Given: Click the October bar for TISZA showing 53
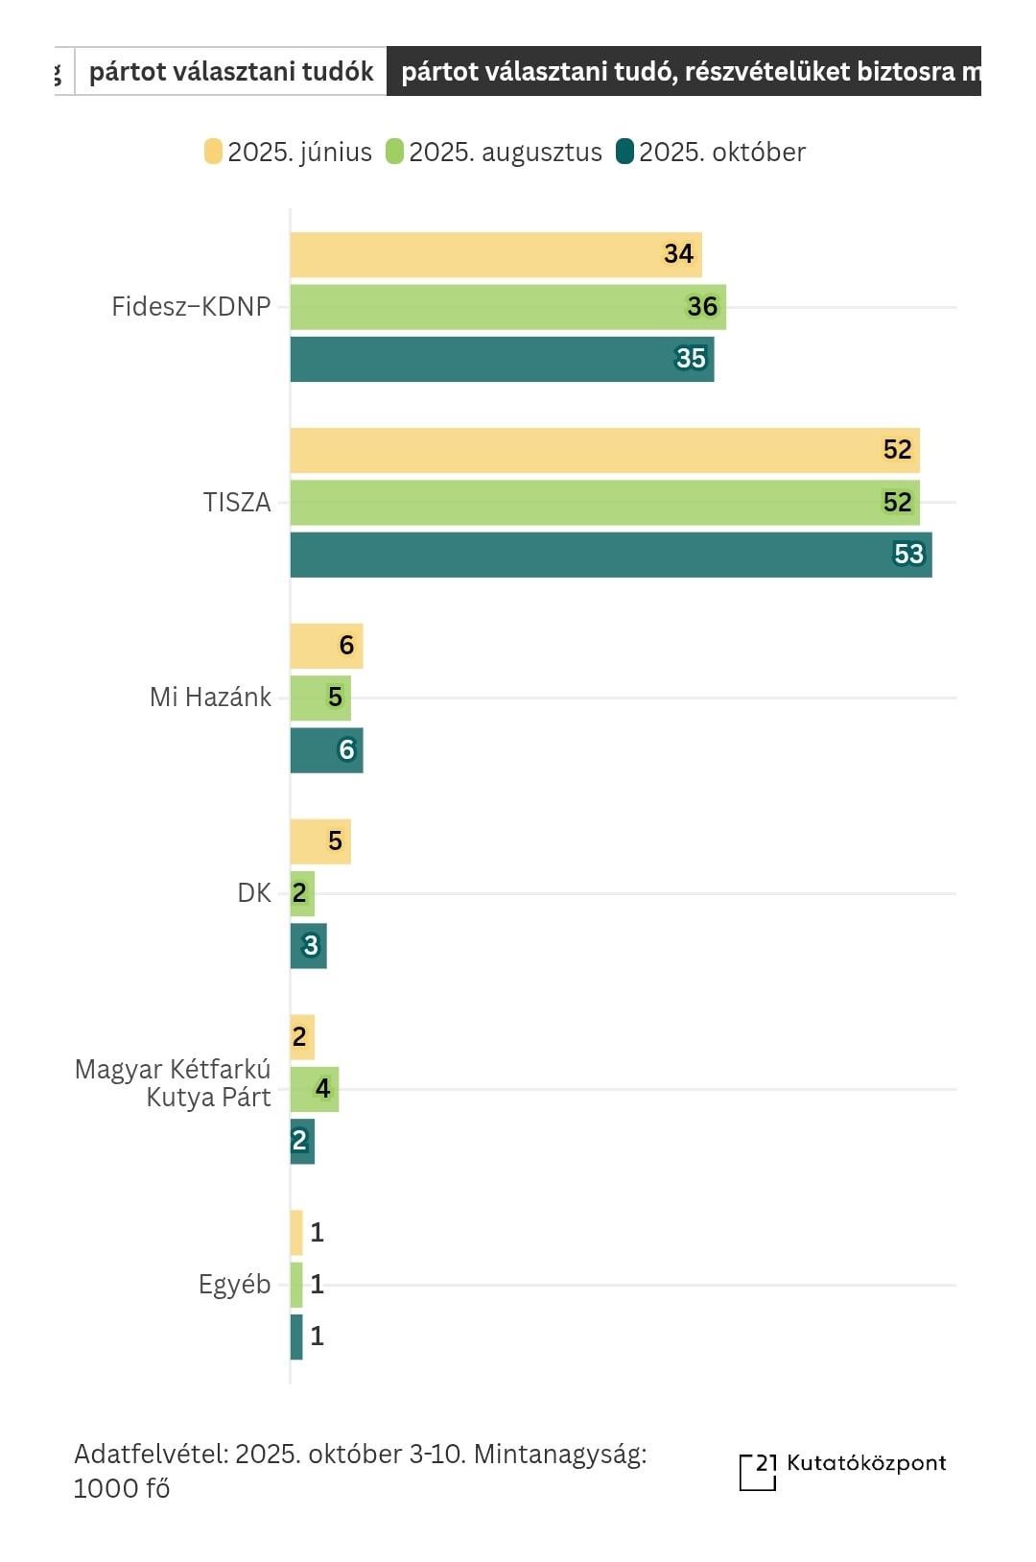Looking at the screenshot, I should (610, 555).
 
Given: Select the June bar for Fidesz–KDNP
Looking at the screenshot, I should (495, 254).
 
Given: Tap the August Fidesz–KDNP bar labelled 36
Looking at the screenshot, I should (507, 307).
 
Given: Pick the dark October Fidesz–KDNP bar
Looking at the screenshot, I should (502, 359).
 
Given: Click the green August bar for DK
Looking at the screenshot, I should (302, 893).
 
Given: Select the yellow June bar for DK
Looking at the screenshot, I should (320, 841).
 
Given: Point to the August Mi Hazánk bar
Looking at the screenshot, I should (320, 698).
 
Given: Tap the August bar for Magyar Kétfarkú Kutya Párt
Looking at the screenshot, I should (314, 1089).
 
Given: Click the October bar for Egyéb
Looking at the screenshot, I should (296, 1337).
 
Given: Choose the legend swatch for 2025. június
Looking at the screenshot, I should (213, 152).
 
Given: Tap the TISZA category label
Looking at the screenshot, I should (237, 503).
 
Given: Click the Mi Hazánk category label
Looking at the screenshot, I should (210, 698).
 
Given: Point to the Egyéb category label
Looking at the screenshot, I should (234, 1285).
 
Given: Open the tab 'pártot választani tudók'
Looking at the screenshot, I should (231, 72).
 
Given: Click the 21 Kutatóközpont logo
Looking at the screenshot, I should (842, 1469).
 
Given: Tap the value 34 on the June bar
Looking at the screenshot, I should (678, 254).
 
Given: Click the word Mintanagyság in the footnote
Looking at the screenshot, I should (560, 1455).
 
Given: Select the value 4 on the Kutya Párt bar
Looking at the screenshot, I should (323, 1089).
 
